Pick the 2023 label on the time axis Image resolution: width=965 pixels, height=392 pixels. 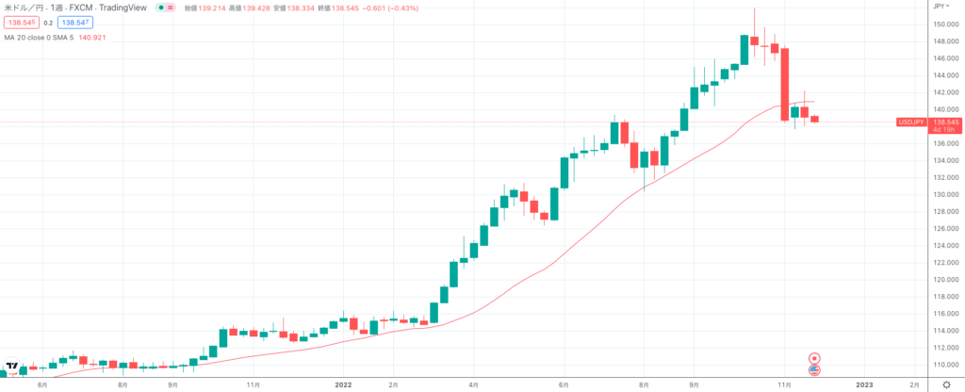(x=864, y=385)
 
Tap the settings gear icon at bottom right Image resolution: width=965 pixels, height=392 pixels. (x=945, y=384)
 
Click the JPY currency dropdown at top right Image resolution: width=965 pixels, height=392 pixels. (x=940, y=6)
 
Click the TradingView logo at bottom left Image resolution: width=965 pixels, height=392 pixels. (x=12, y=366)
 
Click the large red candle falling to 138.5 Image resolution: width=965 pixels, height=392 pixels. (x=784, y=85)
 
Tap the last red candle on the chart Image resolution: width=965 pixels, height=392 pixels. (x=815, y=119)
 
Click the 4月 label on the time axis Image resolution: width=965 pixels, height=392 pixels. (x=475, y=385)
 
